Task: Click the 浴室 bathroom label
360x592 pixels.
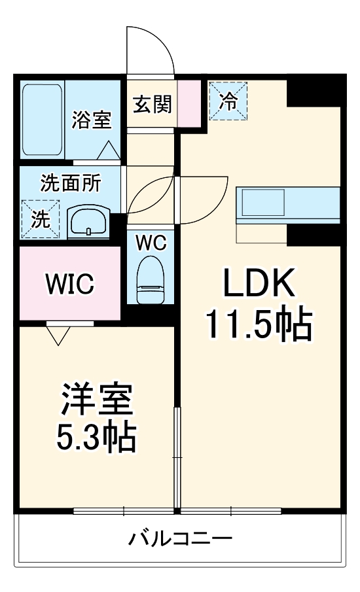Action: click(92, 120)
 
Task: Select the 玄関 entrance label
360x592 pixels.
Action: click(153, 104)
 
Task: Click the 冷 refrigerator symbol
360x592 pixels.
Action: click(228, 101)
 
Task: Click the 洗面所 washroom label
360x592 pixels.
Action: click(71, 183)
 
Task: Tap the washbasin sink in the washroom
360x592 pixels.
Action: click(88, 221)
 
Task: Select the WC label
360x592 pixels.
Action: click(151, 242)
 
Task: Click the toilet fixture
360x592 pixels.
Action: click(151, 279)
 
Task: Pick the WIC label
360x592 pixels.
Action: click(70, 285)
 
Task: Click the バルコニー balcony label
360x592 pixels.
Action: click(179, 540)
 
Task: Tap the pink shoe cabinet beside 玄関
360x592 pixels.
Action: click(189, 103)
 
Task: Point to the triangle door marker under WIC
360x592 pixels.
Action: click(58, 334)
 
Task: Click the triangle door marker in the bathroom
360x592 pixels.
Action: click(108, 150)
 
